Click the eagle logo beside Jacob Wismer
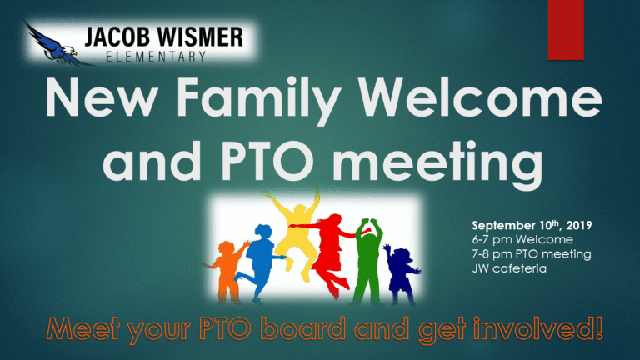tap(55, 45)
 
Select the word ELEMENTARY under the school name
tap(156, 57)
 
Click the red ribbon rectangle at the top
tap(566, 30)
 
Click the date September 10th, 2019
tap(532, 225)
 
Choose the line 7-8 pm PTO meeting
tap(532, 254)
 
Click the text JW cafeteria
tap(509, 268)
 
